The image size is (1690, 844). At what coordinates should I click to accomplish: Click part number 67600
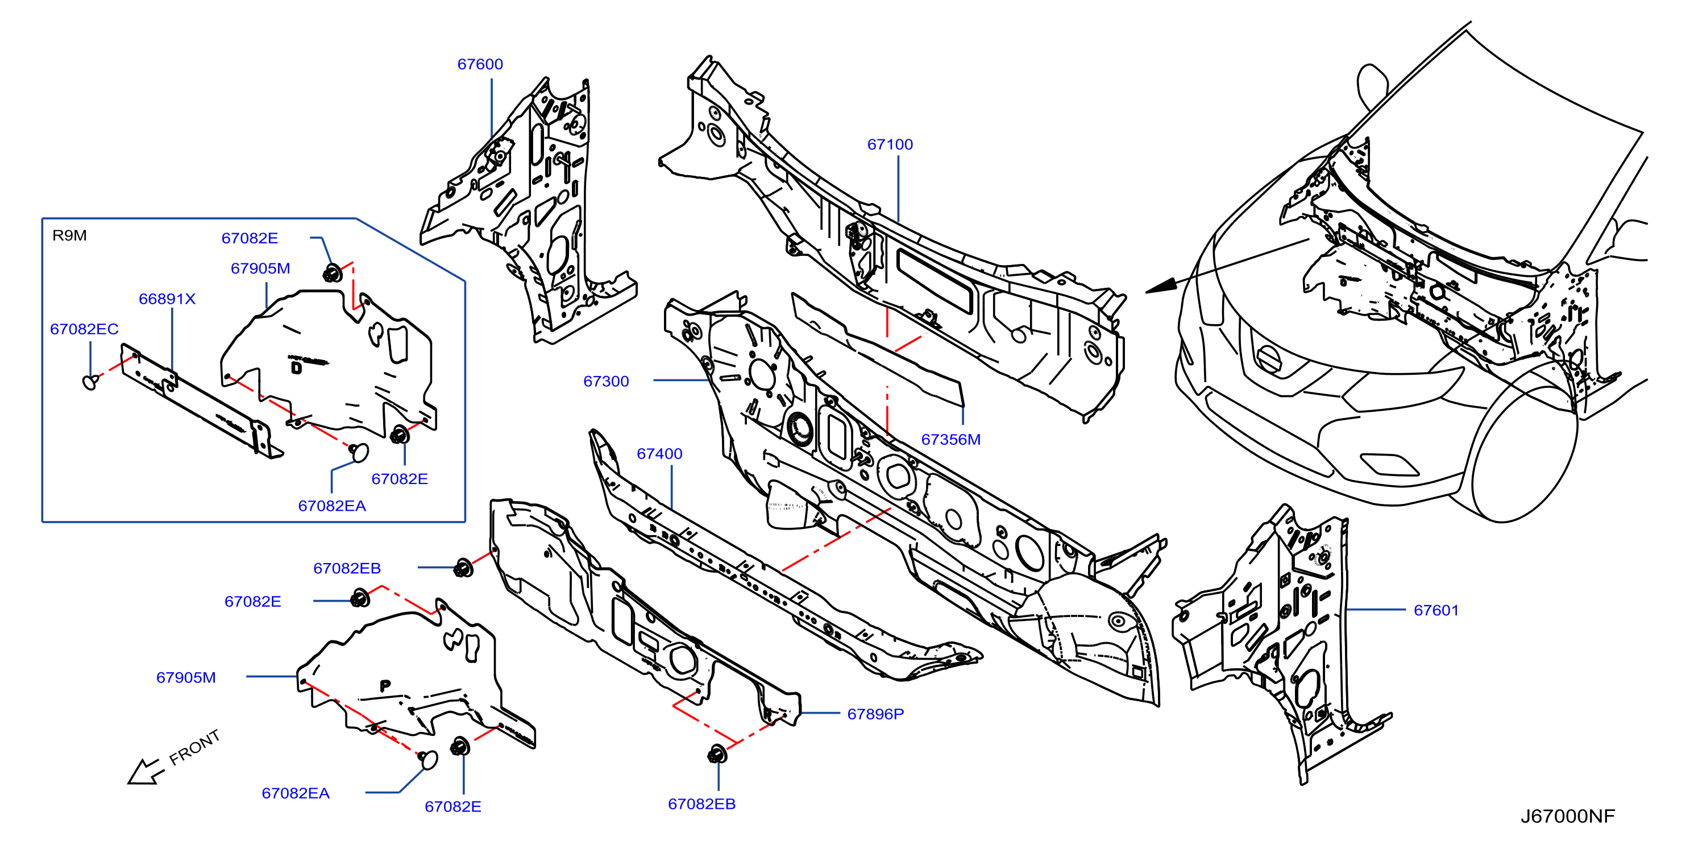pos(480,64)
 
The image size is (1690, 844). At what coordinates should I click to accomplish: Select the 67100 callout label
pos(890,144)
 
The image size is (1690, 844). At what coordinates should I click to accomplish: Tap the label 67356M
pos(950,440)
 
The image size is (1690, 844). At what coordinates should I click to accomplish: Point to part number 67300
pos(606,381)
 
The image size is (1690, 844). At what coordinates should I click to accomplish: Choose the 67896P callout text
pos(875,714)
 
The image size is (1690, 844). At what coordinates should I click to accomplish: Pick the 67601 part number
pos(1436,610)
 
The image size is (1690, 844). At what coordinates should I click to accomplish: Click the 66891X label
pos(167,299)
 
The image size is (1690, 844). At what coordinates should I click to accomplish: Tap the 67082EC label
pos(84,329)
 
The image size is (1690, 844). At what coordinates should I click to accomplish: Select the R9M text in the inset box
pos(69,235)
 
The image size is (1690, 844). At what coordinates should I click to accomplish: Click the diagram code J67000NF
pos(1567,817)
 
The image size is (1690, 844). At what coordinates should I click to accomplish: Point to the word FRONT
pos(194,747)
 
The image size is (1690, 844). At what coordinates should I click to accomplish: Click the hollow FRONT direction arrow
pos(144,771)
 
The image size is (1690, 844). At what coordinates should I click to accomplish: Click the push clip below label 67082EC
pos(91,381)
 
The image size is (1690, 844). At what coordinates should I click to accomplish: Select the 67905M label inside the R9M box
pos(260,268)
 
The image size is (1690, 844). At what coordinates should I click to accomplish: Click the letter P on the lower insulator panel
pos(385,686)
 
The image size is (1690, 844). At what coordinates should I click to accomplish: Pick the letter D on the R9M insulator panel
pos(297,367)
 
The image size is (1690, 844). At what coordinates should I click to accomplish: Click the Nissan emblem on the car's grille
pos(1269,359)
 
